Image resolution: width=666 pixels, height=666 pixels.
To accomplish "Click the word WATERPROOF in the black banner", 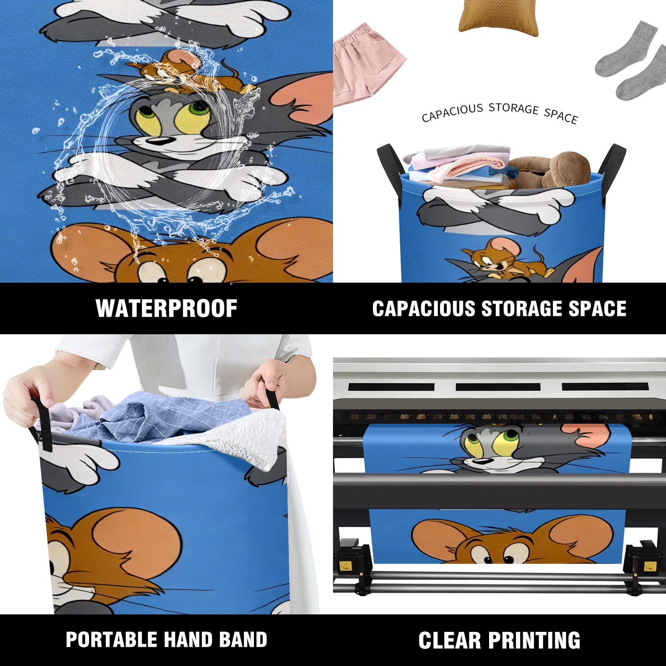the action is tap(166, 308).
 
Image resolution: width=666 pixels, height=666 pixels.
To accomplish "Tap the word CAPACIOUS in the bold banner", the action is tap(424, 308).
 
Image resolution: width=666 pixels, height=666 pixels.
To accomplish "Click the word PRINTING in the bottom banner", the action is tap(534, 640).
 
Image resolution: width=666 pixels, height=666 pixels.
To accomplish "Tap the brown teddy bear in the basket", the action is tap(549, 170).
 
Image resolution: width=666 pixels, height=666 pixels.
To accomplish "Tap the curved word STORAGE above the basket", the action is tap(514, 109).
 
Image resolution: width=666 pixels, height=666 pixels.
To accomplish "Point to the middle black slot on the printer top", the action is tap(498, 387).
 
